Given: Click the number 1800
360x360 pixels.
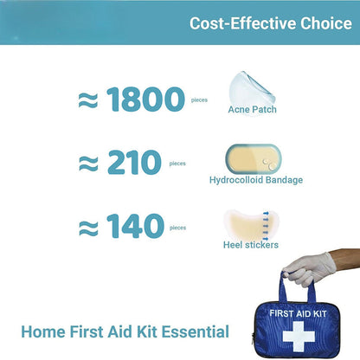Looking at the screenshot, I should pos(146,100).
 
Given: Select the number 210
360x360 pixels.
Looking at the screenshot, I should pos(133,163).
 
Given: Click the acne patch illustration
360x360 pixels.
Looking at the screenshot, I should pos(245,87).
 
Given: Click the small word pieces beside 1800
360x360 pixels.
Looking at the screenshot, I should pos(199,100).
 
